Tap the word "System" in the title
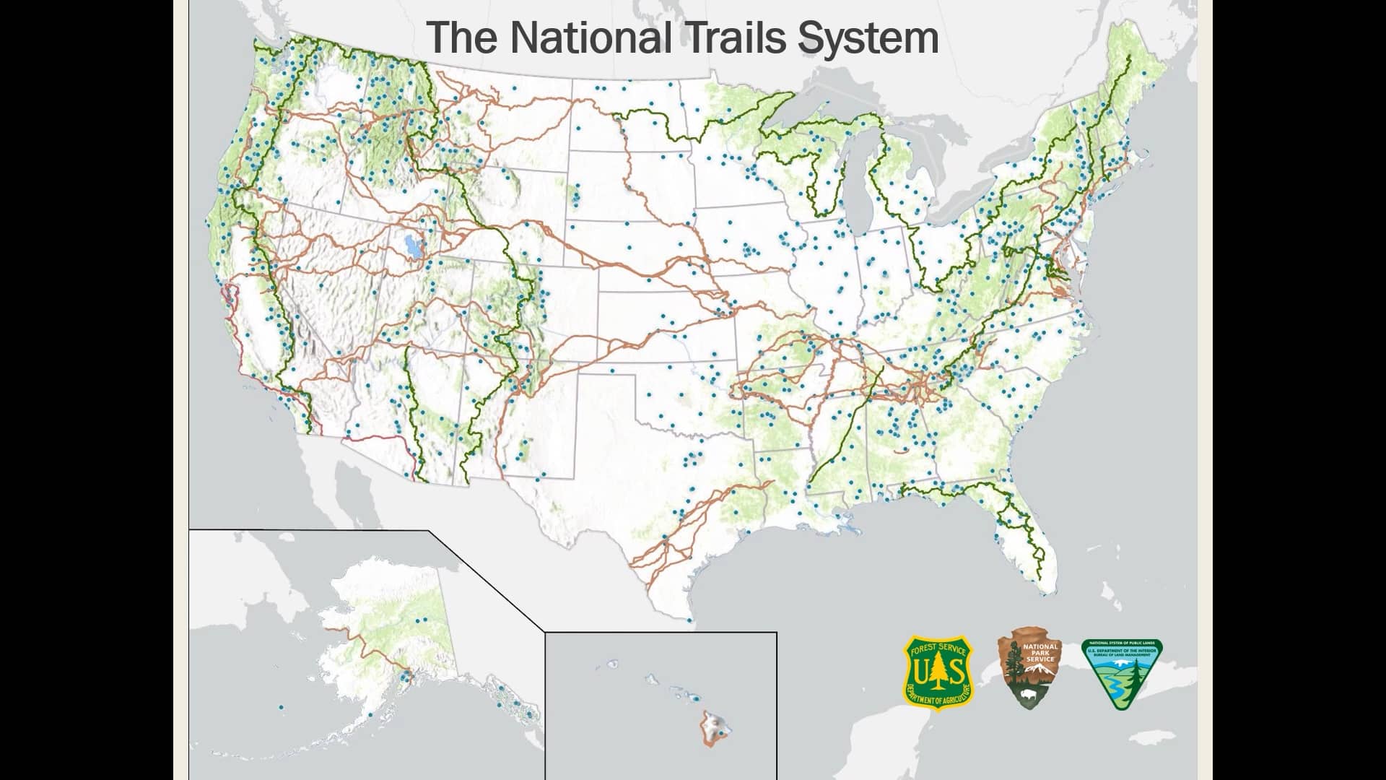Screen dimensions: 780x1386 [x=868, y=38]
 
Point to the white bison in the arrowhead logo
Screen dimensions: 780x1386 [x=1027, y=696]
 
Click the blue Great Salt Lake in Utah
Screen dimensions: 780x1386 [x=412, y=248]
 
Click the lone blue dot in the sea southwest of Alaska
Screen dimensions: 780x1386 [x=281, y=707]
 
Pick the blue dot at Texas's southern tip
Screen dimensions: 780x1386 [x=689, y=620]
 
